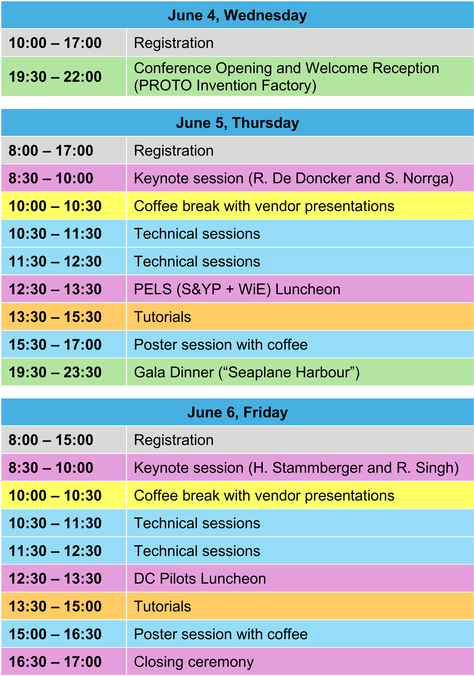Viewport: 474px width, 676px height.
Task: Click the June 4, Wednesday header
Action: tap(237, 15)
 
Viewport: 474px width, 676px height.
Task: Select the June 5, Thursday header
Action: tap(237, 123)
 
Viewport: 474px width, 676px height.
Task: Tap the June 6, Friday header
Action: tap(237, 412)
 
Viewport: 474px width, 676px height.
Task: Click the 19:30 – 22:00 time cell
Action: tap(55, 77)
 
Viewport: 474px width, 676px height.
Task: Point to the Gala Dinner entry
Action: tap(247, 372)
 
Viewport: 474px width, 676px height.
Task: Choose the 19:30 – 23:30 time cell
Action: tap(55, 372)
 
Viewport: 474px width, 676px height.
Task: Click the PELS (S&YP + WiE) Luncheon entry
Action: tap(237, 289)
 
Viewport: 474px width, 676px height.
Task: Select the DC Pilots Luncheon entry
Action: tap(200, 579)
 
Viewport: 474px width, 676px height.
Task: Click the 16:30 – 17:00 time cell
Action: tap(55, 662)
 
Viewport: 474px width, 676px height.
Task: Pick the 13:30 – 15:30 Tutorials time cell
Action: tap(55, 317)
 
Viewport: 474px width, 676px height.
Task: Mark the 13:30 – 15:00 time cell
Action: tap(55, 606)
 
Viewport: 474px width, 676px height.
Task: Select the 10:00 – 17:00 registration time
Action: tap(55, 43)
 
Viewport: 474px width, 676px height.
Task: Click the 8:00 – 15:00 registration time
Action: tap(51, 440)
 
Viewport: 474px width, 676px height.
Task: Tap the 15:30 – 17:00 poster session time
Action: tap(55, 345)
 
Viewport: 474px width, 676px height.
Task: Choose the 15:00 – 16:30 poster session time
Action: tap(55, 634)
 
